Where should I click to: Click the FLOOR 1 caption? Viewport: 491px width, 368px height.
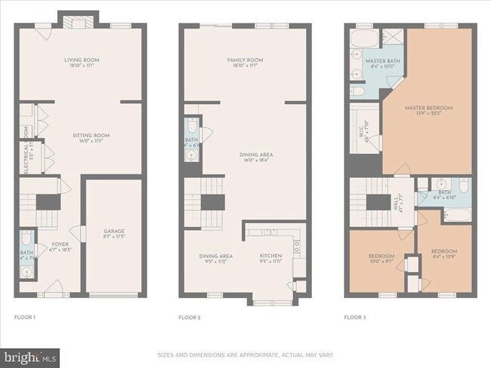point(25,317)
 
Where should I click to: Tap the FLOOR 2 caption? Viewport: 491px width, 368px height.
point(190,317)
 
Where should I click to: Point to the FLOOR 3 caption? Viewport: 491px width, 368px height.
point(354,317)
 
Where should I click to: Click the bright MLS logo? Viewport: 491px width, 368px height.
point(31,355)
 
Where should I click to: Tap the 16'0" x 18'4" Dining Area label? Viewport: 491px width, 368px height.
point(245,157)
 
